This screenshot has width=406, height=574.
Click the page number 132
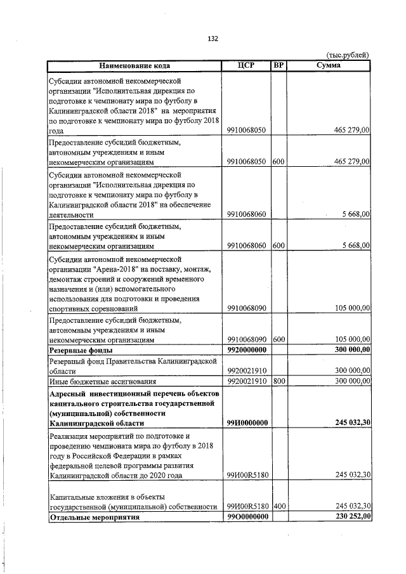point(213,39)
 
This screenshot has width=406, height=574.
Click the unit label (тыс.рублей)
point(347,56)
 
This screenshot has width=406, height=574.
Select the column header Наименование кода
point(134,65)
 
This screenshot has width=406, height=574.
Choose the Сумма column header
point(329,65)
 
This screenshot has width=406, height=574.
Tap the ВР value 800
point(278,381)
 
